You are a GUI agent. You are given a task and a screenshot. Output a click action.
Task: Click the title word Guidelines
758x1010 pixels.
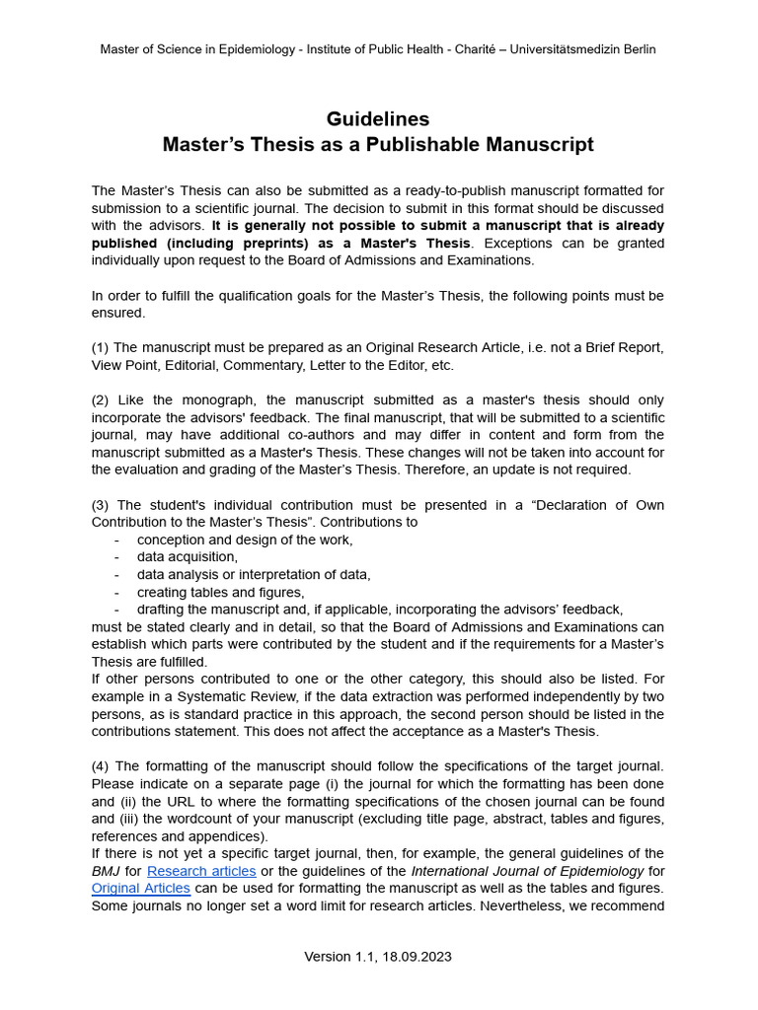(378, 119)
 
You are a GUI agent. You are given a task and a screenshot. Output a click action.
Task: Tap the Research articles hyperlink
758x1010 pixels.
(201, 871)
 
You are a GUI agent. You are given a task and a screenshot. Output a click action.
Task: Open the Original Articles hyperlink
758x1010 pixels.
(140, 888)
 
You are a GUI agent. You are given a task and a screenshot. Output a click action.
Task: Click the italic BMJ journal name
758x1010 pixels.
(106, 871)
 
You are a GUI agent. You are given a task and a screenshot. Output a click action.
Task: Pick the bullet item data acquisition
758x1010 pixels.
(187, 557)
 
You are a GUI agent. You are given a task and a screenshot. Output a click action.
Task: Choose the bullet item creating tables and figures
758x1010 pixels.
(220, 593)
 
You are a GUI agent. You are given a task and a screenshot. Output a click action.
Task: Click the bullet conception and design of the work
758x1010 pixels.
(244, 540)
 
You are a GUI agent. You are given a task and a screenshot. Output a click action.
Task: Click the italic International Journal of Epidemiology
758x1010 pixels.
(527, 871)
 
